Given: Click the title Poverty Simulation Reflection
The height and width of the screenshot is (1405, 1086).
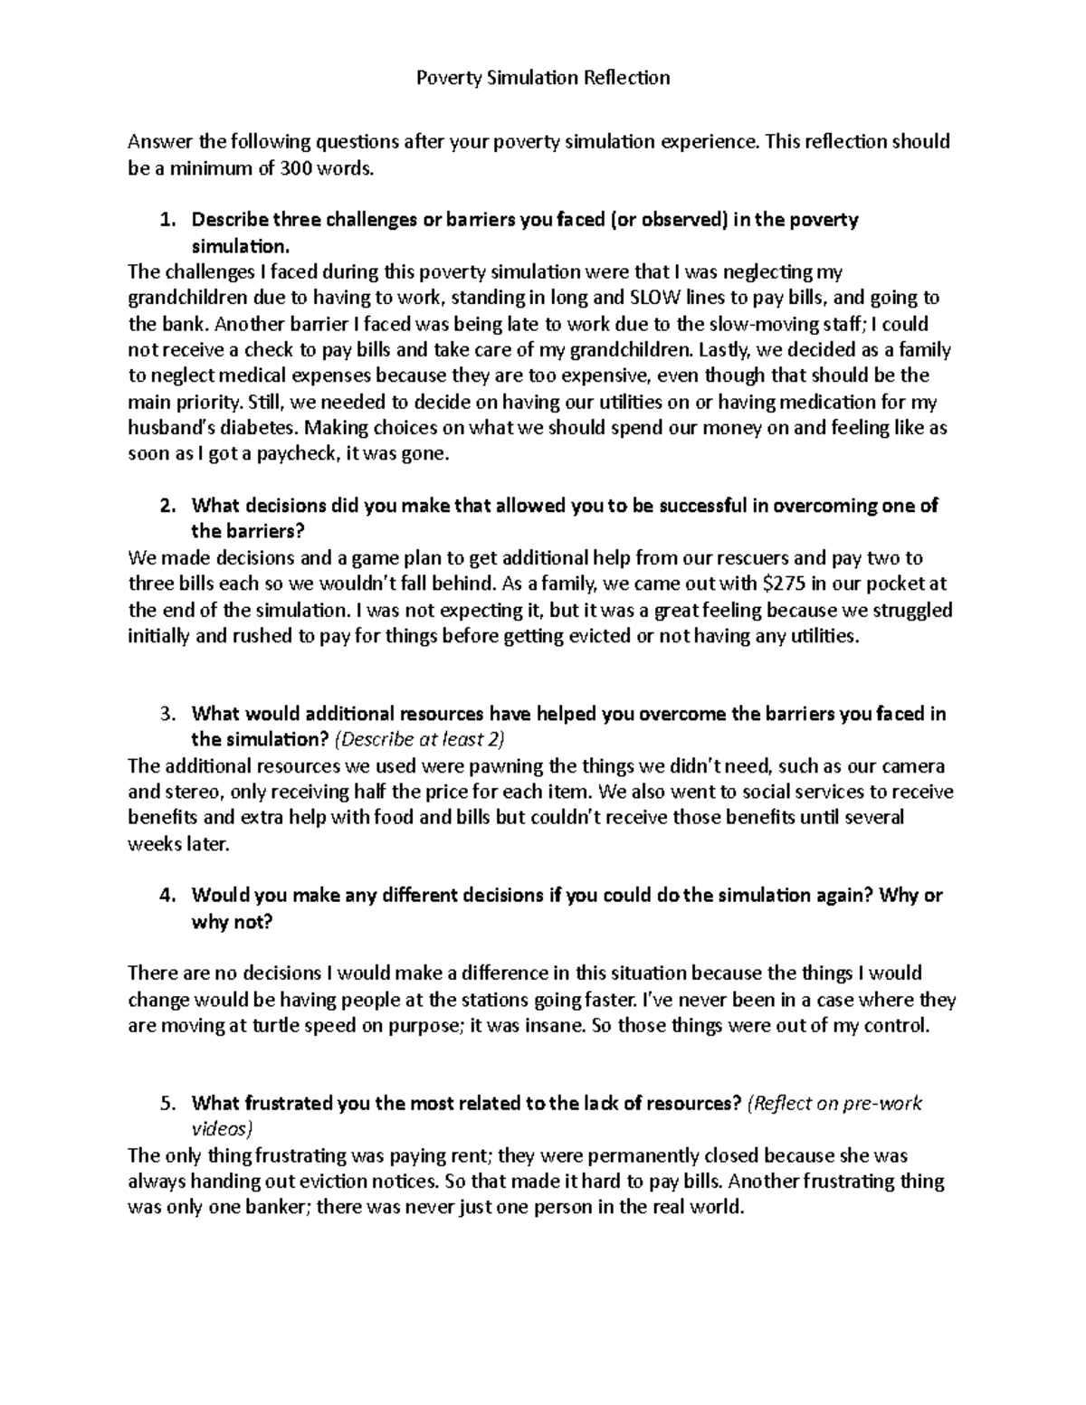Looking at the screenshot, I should coord(542,78).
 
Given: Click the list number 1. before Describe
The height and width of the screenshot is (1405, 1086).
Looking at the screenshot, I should coord(166,220).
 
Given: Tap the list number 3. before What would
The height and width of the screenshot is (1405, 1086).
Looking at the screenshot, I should coord(166,714).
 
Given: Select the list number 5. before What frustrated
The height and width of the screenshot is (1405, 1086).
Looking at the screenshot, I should coord(166,1103).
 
